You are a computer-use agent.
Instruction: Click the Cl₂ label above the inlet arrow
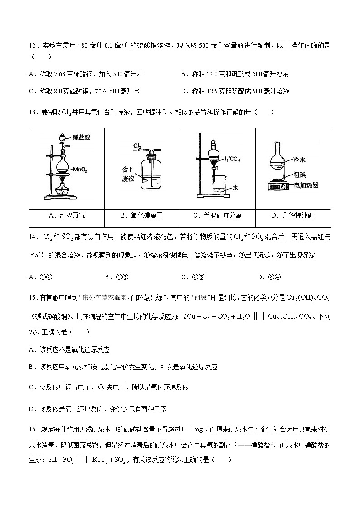(137, 145)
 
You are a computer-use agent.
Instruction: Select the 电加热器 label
(306, 184)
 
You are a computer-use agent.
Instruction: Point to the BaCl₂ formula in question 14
(42, 256)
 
